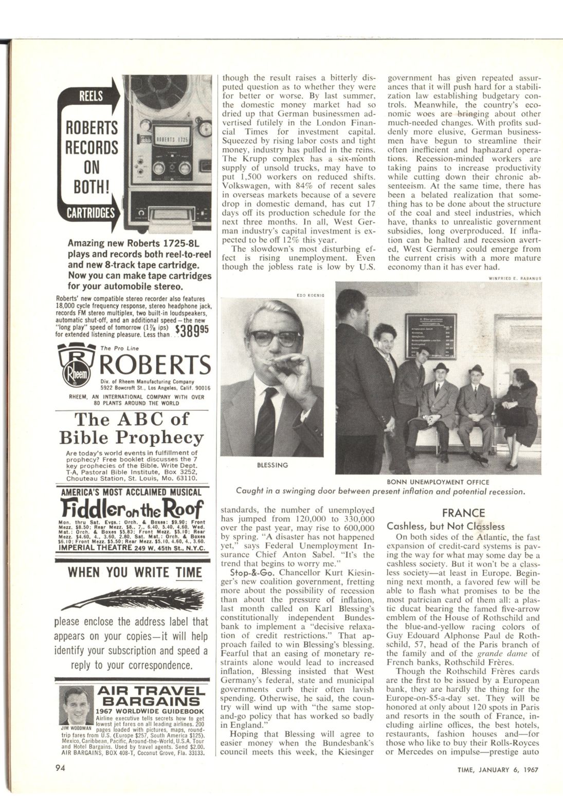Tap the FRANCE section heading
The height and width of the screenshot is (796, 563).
point(463,513)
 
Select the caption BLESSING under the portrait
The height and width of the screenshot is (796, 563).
point(273,465)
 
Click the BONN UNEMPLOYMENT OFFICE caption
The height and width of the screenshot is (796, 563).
point(438,482)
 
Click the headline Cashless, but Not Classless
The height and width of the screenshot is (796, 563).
point(445,526)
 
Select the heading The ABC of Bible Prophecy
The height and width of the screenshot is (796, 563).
point(132,428)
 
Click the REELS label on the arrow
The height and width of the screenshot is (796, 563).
point(90,96)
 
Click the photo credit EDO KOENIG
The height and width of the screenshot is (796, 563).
point(310,295)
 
